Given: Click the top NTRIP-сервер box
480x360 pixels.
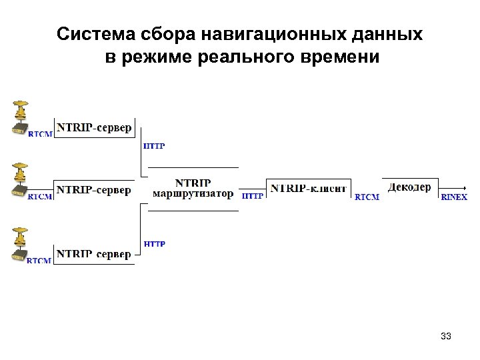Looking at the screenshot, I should click(94, 127).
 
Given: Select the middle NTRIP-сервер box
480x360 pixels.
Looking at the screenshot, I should click(94, 190).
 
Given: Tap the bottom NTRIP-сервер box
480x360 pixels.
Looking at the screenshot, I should click(94, 254).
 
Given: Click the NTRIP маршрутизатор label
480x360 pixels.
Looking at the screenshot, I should click(193, 188).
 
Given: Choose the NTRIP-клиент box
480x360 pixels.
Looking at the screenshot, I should click(308, 189).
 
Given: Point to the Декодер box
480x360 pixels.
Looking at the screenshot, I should click(409, 187).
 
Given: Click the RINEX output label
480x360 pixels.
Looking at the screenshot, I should click(454, 197).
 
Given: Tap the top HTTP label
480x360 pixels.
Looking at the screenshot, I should click(154, 146).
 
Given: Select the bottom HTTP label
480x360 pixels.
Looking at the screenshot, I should click(154, 244).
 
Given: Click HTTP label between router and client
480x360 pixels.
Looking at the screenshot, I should click(252, 197).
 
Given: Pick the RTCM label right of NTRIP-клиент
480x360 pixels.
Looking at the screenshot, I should click(367, 197).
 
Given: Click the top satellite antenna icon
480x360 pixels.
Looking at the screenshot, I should click(19, 117).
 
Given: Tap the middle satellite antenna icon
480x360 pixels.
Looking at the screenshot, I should click(19, 180).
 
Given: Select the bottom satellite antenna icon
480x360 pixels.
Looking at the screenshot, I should click(19, 244).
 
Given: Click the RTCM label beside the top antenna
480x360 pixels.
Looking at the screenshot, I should click(39, 134).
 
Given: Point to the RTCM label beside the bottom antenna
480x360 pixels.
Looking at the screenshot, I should click(39, 261).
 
